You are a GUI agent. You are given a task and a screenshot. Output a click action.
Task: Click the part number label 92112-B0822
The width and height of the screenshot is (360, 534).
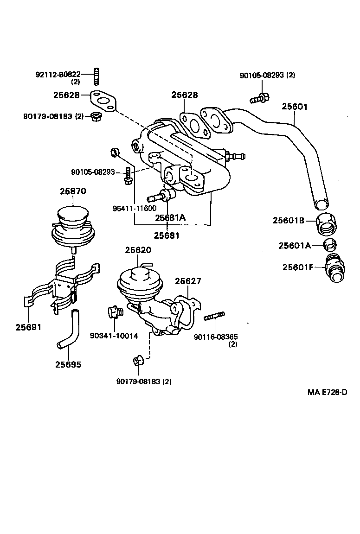point(58,74)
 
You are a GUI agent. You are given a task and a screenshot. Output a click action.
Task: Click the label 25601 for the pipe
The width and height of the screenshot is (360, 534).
point(295,107)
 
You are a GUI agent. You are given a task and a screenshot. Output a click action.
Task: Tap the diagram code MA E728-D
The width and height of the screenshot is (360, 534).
point(327,392)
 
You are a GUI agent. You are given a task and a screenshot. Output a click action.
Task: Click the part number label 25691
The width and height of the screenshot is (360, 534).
point(28,327)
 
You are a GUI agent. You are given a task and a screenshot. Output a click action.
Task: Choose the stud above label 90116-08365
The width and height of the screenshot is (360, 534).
point(214,317)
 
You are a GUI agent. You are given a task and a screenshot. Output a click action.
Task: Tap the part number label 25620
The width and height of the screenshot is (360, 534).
point(138,250)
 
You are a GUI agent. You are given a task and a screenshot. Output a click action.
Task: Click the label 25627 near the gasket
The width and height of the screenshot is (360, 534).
point(188,281)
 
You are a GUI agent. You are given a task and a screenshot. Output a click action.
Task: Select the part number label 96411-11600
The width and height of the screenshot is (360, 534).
point(135,208)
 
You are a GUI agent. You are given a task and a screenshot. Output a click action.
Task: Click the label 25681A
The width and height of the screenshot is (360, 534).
point(170,217)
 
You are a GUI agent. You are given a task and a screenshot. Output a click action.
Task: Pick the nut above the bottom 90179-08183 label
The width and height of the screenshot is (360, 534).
point(137,361)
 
